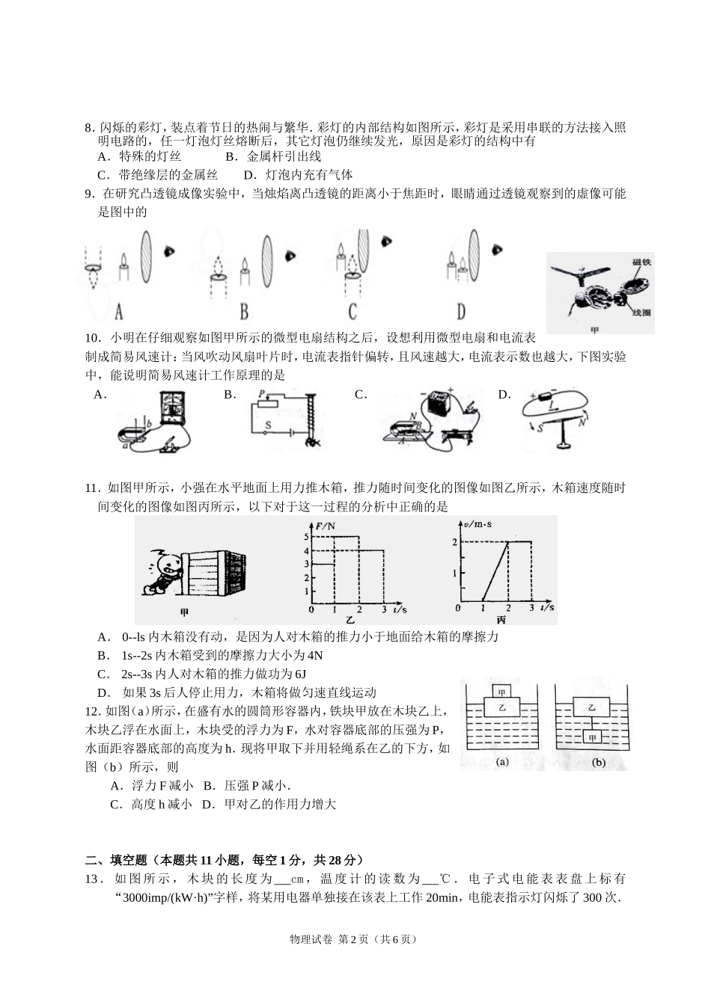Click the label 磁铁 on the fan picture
click(640, 262)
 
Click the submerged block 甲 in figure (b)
click(593, 737)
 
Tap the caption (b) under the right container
click(598, 763)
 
